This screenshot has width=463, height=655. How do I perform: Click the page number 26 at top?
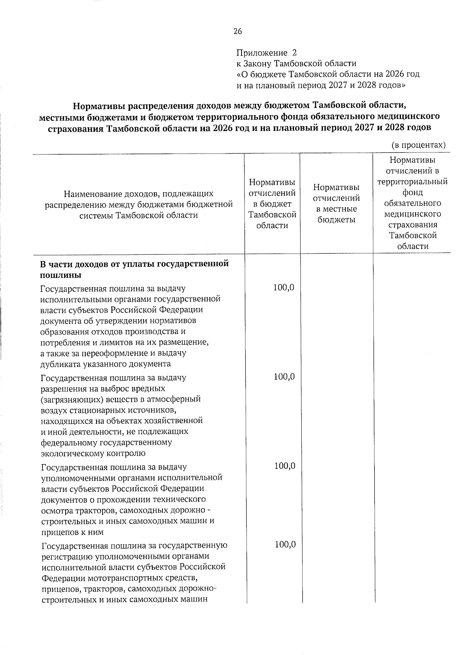pos(237,32)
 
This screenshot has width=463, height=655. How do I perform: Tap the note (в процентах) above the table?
pos(418,146)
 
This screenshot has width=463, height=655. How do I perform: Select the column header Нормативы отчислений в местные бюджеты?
pos(336,203)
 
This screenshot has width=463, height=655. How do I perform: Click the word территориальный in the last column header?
pos(412,181)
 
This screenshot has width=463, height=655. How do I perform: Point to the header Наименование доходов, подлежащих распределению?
pos(139,204)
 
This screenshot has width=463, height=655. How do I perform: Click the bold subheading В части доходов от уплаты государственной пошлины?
pos(134,269)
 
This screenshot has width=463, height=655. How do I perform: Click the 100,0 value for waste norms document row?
pos(284,288)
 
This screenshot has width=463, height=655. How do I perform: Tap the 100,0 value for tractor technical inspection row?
pos(285,466)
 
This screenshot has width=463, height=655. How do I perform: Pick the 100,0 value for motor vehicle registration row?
pos(285,544)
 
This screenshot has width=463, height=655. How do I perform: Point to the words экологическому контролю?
pos(93,453)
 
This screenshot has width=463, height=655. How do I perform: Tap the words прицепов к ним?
pos(72,532)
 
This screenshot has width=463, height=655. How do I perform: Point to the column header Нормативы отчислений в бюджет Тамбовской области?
pos(272,203)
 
